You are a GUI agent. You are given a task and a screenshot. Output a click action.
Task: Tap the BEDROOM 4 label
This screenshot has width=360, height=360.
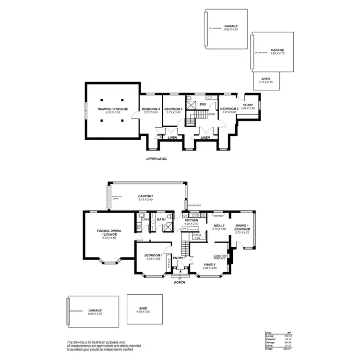tap(151, 109)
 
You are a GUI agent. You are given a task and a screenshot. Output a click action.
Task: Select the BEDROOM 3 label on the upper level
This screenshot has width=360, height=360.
tap(173, 109)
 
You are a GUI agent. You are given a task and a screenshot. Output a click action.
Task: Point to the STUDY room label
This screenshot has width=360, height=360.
tap(248, 105)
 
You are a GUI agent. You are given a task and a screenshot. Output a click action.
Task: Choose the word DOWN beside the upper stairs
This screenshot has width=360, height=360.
tap(212, 114)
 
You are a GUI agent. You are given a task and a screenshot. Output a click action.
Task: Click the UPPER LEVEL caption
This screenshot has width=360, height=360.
tap(156, 159)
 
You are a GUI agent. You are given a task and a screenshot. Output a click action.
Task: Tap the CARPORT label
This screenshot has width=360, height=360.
tap(145, 196)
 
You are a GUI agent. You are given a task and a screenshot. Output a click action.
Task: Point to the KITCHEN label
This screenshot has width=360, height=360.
tap(191, 220)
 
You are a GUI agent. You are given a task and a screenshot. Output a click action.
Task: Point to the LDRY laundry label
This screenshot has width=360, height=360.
tap(145, 220)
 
